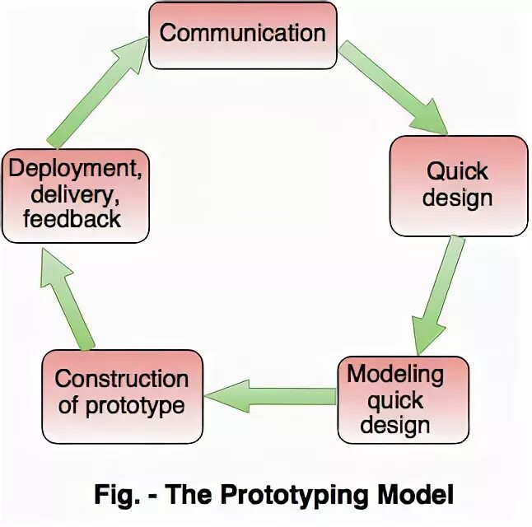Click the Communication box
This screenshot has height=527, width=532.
(242, 35)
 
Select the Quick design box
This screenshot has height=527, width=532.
(458, 184)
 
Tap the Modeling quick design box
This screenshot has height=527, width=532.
(403, 399)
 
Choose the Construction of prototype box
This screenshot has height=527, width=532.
(122, 393)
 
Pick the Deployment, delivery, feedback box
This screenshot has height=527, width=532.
(75, 195)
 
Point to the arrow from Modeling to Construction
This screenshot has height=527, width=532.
(271, 397)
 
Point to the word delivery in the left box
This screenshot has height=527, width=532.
(74, 195)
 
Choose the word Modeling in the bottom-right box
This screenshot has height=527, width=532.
(395, 375)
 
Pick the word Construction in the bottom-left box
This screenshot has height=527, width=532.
(122, 380)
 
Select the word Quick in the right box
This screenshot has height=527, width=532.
(458, 171)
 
